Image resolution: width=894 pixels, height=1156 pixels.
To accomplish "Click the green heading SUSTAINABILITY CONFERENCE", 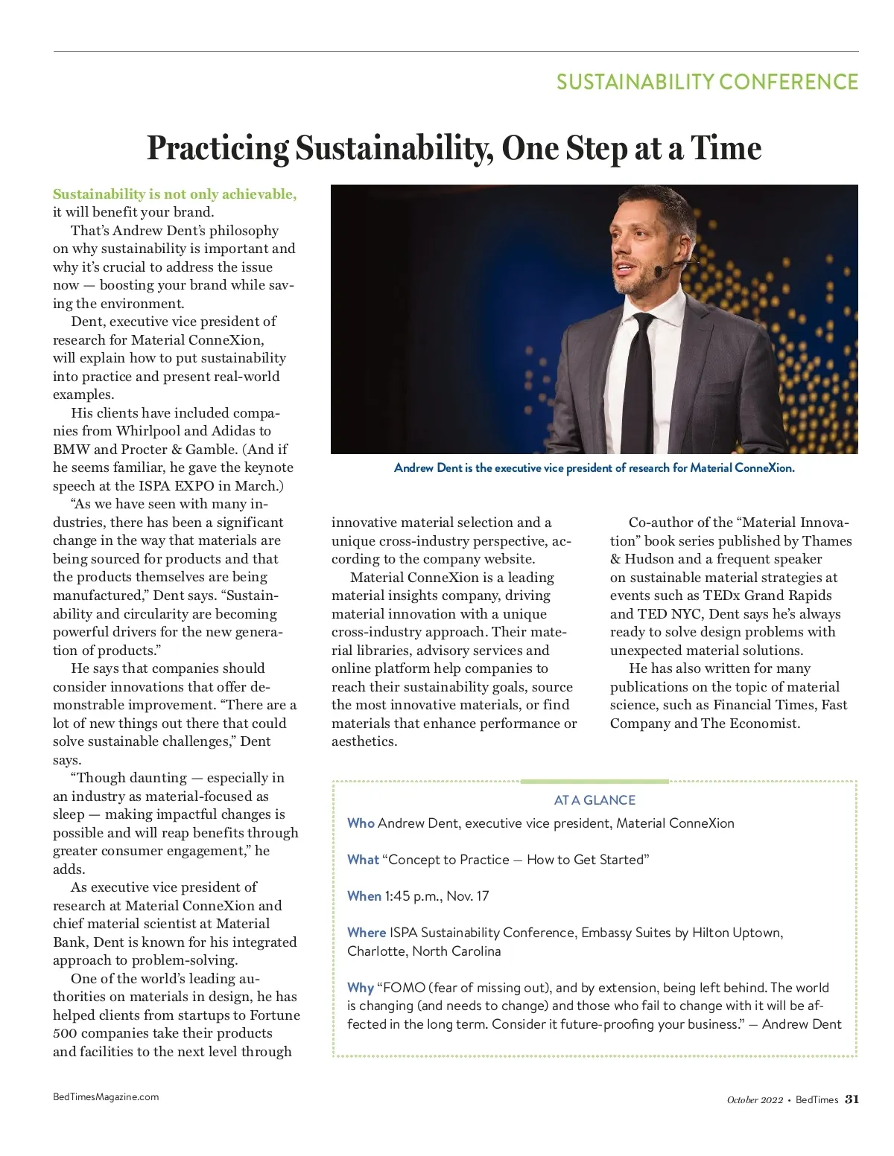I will [707, 82].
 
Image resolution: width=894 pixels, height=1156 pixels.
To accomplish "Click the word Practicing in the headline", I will [218, 148].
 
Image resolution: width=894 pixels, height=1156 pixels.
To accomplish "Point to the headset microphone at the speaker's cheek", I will [659, 272].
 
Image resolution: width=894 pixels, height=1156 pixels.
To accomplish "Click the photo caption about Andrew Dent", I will [594, 468].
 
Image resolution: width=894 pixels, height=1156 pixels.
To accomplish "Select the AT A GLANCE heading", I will [595, 800].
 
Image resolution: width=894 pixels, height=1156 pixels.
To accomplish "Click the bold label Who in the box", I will [361, 823].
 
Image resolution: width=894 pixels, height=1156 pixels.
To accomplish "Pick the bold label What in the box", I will [363, 860].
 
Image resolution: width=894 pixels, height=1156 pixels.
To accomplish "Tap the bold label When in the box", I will [364, 896].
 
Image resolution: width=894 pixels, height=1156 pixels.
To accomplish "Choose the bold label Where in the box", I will [367, 933].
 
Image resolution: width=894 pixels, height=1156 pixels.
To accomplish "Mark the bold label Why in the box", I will [360, 988].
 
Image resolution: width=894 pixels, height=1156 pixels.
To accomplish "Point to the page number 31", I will [852, 1099].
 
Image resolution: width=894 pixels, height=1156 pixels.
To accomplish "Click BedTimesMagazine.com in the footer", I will [106, 1096].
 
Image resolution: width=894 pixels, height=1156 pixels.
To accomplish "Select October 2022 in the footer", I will [755, 1100].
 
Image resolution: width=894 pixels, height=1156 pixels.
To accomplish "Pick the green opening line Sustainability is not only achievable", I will [174, 194].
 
